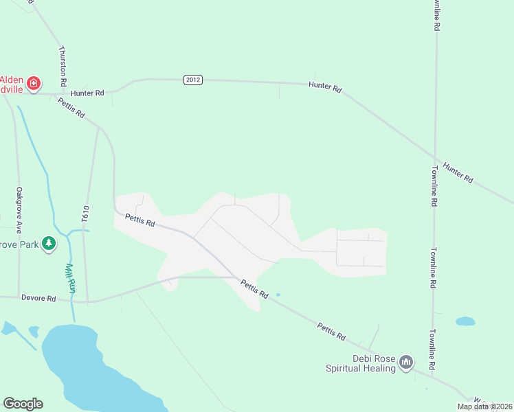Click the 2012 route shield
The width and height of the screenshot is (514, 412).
(x=192, y=80)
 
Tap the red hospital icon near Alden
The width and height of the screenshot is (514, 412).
(x=33, y=83)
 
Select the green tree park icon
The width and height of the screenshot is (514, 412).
(x=48, y=244)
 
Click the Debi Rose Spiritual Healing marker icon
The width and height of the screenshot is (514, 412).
(x=406, y=362)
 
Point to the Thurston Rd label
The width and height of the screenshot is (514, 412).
(x=63, y=65)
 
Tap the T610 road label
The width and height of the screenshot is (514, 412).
(x=86, y=213)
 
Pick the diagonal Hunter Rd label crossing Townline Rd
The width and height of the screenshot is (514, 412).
(x=458, y=172)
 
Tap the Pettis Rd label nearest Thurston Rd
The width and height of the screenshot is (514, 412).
(x=71, y=108)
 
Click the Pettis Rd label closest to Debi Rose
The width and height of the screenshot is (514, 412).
(x=331, y=331)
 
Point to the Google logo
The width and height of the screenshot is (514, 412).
(x=23, y=403)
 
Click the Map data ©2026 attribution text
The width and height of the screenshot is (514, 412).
(x=484, y=407)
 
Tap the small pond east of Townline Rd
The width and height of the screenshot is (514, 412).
(x=465, y=321)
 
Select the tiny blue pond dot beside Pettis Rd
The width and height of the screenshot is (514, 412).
(x=278, y=295)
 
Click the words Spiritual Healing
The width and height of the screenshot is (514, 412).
(x=361, y=369)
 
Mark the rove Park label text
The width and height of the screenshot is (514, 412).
(x=19, y=244)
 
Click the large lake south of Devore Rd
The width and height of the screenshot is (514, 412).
(x=89, y=364)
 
